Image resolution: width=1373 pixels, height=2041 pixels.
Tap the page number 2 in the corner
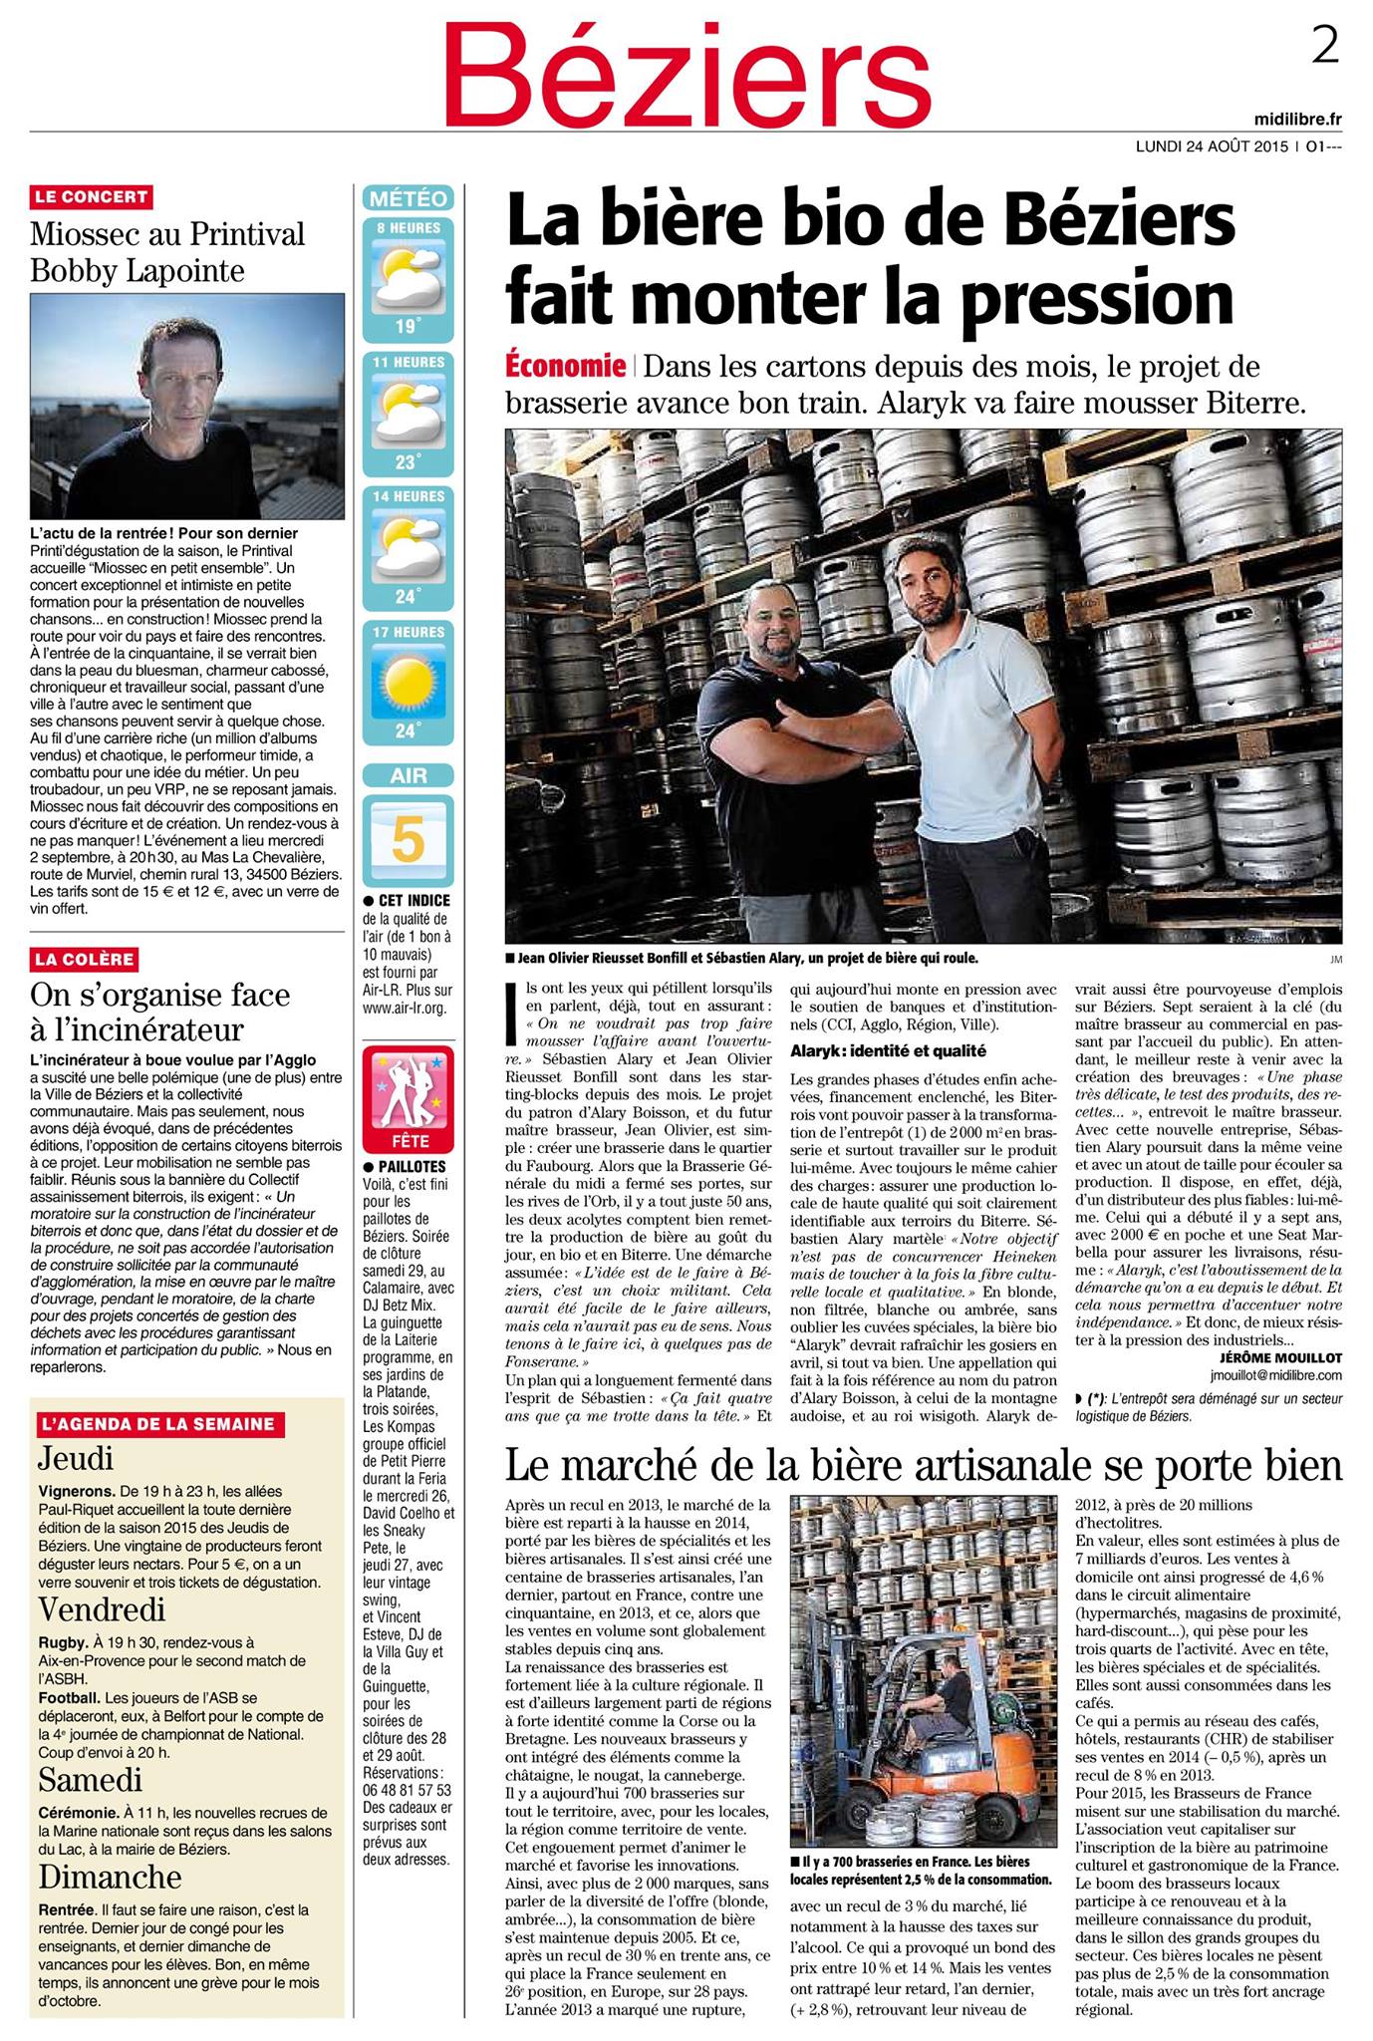[x=1324, y=46]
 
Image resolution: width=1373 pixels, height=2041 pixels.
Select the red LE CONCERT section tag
[x=92, y=197]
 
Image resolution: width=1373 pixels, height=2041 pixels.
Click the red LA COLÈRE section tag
[x=85, y=959]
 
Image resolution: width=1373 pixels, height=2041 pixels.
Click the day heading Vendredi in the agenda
[x=102, y=1608]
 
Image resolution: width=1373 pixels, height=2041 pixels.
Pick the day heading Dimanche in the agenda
[x=110, y=1877]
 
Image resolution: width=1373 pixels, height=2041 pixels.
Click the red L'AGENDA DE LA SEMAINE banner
[x=156, y=1424]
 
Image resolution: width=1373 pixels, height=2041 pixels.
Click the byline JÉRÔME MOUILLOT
[x=1280, y=1356]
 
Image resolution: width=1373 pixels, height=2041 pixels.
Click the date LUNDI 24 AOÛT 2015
[x=1213, y=146]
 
